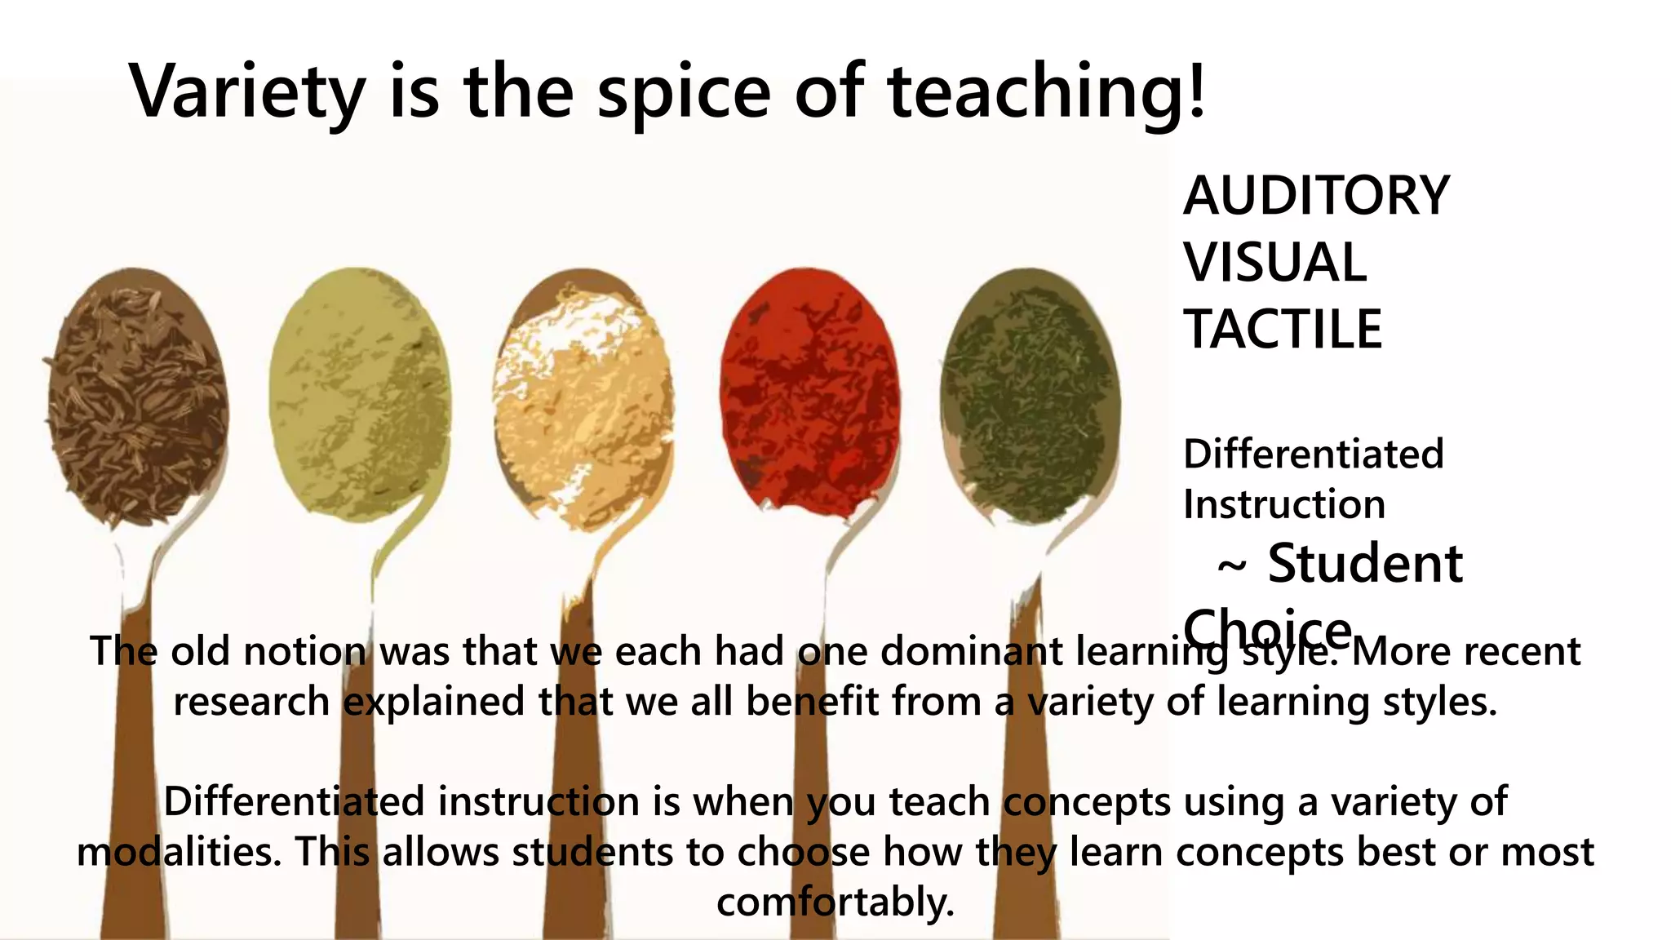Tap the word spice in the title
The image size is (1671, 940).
click(684, 91)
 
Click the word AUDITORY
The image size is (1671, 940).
click(1316, 196)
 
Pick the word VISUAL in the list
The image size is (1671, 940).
click(1275, 263)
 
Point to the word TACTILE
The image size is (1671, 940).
click(1283, 330)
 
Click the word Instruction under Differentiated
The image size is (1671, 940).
click(1284, 504)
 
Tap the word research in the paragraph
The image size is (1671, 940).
click(251, 702)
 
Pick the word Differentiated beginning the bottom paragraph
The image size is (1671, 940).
click(294, 801)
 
